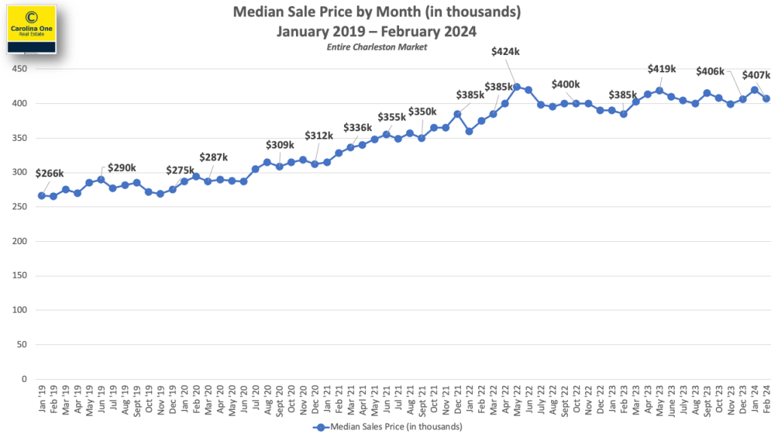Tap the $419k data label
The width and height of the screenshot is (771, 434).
662,69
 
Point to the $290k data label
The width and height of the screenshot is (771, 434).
122,167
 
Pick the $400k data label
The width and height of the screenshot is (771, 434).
566,84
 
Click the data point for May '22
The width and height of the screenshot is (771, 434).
517,87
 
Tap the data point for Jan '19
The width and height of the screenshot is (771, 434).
41,196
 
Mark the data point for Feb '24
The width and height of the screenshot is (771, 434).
766,99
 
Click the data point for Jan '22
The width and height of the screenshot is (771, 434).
469,131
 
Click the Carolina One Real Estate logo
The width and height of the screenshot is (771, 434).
32,28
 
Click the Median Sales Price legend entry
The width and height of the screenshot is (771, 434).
385,426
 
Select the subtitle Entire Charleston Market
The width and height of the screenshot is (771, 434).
376,47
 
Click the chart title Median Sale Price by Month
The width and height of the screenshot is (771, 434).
376,13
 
